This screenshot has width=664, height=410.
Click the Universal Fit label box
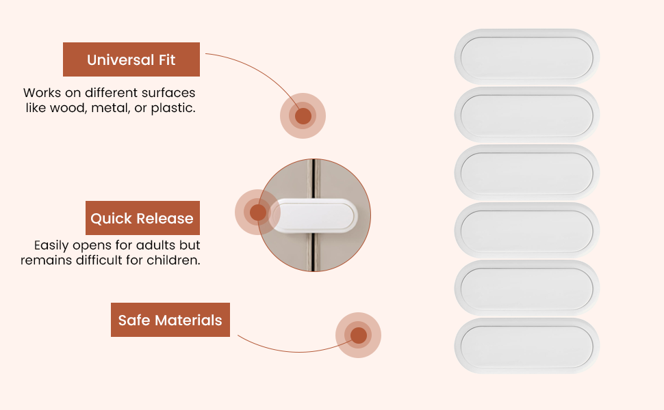tap(131, 59)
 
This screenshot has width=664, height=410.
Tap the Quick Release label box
tap(142, 218)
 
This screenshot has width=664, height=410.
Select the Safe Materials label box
tap(170, 320)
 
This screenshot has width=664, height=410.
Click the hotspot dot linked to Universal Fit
tap(303, 115)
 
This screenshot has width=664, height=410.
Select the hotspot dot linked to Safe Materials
tap(358, 336)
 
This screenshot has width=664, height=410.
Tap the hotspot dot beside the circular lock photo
tap(257, 213)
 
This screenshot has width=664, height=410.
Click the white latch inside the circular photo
tap(314, 215)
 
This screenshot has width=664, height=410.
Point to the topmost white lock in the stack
tap(527, 57)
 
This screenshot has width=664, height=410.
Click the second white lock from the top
tap(527, 115)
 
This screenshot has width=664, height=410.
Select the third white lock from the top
tap(527, 172)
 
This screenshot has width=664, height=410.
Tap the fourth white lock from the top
tap(527, 230)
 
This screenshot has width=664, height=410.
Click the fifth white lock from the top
tap(527, 288)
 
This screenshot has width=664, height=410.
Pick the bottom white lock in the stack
tap(527, 346)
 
